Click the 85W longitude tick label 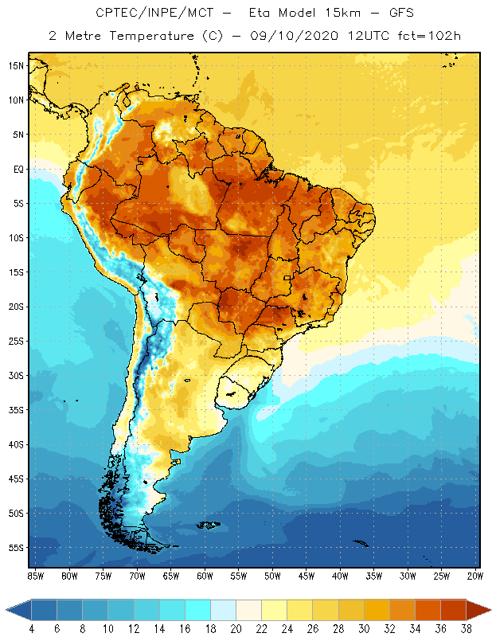pyautogui.click(x=36, y=575)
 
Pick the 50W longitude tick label pyautogui.click(x=272, y=575)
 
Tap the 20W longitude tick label pyautogui.click(x=474, y=575)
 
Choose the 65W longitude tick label pyautogui.click(x=170, y=575)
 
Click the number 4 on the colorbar pyautogui.click(x=32, y=628)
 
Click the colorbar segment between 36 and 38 pyautogui.click(x=454, y=609)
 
